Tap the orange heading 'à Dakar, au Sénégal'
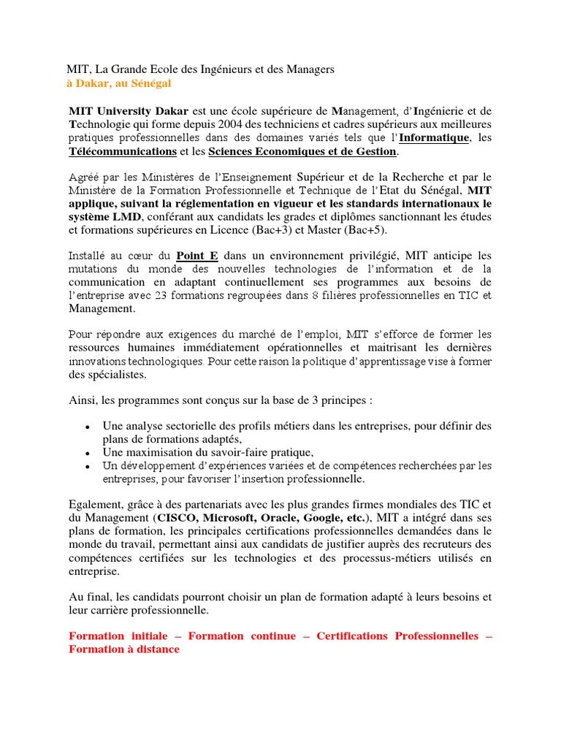pyautogui.click(x=118, y=84)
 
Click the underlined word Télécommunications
pyautogui.click(x=123, y=152)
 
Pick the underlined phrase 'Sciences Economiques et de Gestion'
pyautogui.click(x=302, y=152)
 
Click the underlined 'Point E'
pyautogui.click(x=197, y=256)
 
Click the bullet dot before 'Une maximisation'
pyautogui.click(x=88, y=453)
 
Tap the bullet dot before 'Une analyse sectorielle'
pyautogui.click(x=88, y=427)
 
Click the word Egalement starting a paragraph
pyautogui.click(x=95, y=505)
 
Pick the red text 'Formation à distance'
pyautogui.click(x=124, y=649)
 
